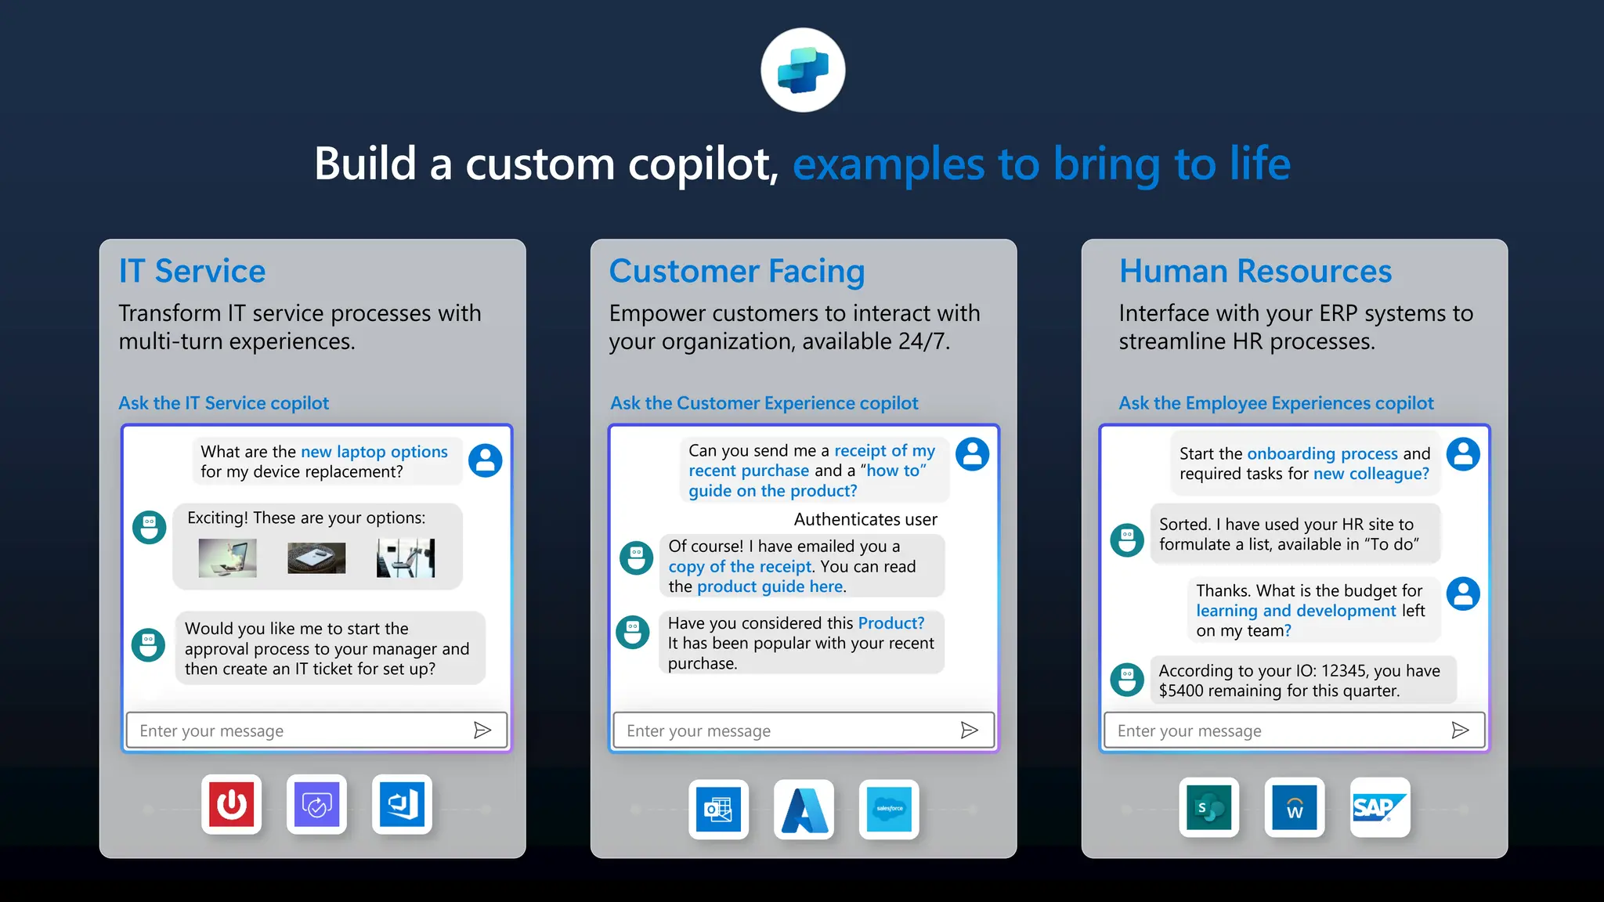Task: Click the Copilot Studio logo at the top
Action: pyautogui.click(x=803, y=70)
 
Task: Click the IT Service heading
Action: pyautogui.click(x=192, y=271)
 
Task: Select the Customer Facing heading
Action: pyautogui.click(x=737, y=271)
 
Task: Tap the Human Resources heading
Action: pyautogui.click(x=1255, y=271)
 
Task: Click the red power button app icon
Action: pyautogui.click(x=231, y=804)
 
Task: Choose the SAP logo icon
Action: pyautogui.click(x=1380, y=807)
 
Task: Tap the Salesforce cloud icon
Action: pyautogui.click(x=889, y=809)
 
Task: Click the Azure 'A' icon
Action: pyautogui.click(x=804, y=809)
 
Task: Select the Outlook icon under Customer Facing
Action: pyautogui.click(x=718, y=809)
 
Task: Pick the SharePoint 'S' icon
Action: pyautogui.click(x=1209, y=807)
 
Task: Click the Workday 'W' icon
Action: pyautogui.click(x=1295, y=807)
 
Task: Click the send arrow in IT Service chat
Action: pyautogui.click(x=482, y=731)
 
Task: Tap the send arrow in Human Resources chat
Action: pyautogui.click(x=1460, y=731)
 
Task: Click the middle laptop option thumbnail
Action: pyautogui.click(x=316, y=558)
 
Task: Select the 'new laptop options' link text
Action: pyautogui.click(x=374, y=452)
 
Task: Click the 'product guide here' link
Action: pyautogui.click(x=770, y=586)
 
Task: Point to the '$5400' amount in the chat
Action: pyautogui.click(x=1180, y=691)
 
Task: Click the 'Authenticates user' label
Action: pyautogui.click(x=865, y=519)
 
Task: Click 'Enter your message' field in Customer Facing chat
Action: pyautogui.click(x=783, y=731)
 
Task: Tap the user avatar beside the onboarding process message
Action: pyautogui.click(x=1463, y=454)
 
